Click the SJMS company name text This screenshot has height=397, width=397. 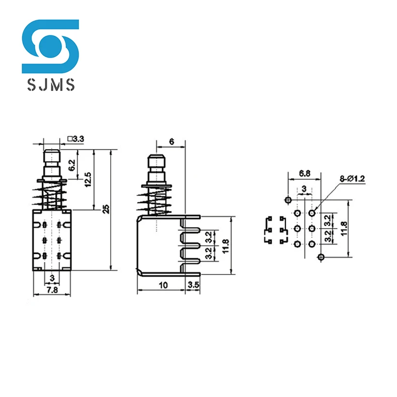pos(50,86)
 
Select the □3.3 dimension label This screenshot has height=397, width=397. pos(76,139)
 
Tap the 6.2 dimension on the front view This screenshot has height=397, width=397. pos(72,166)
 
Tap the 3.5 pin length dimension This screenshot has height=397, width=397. pos(193,286)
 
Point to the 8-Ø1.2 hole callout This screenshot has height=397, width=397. pos(352,179)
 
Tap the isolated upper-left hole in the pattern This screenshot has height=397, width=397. pos(288,199)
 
